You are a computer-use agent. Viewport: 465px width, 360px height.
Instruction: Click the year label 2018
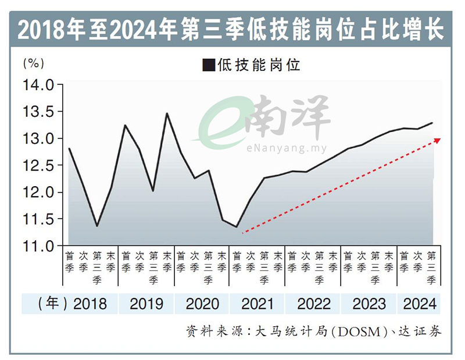coord(90,304)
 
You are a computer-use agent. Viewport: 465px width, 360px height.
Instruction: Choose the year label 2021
coord(257,304)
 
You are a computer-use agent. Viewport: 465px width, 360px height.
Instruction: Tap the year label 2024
coord(420,304)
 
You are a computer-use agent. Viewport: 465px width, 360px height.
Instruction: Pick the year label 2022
coord(313,304)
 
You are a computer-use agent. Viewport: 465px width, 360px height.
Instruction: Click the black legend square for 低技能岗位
coord(208,65)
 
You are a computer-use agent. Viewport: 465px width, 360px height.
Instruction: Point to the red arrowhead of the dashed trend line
coord(437,140)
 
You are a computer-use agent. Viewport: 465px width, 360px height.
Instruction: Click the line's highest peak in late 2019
coord(167,113)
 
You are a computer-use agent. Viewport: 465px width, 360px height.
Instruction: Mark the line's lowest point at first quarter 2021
coord(237,227)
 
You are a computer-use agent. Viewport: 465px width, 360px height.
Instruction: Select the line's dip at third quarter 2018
coord(97,226)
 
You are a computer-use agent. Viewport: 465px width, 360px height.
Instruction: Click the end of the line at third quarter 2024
coord(432,123)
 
